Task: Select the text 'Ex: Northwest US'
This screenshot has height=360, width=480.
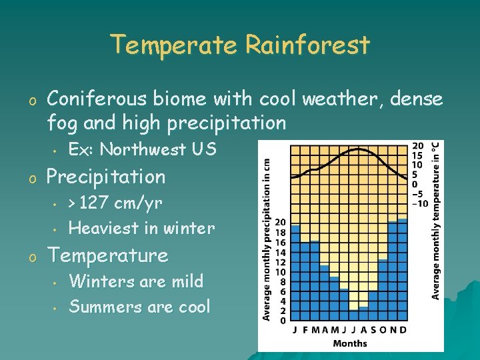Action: pyautogui.click(x=142, y=149)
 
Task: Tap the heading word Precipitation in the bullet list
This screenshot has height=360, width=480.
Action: pyautogui.click(x=105, y=177)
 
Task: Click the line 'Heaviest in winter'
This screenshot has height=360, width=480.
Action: pyautogui.click(x=141, y=228)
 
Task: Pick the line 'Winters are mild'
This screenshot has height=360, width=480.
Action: pyautogui.click(x=136, y=281)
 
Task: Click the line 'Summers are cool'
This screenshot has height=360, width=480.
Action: pyautogui.click(x=139, y=307)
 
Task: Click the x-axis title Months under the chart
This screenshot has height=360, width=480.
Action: pyautogui.click(x=349, y=343)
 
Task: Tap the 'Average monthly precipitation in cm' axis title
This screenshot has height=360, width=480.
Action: pyautogui.click(x=265, y=237)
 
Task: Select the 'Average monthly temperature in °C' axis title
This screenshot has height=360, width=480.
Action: pyautogui.click(x=435, y=220)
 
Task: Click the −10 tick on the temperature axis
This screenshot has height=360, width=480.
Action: pyautogui.click(x=420, y=203)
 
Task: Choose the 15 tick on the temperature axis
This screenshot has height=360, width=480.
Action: pyautogui.click(x=418, y=155)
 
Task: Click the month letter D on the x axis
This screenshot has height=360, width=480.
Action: pyautogui.click(x=403, y=330)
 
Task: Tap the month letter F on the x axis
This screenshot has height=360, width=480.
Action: pyautogui.click(x=305, y=330)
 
